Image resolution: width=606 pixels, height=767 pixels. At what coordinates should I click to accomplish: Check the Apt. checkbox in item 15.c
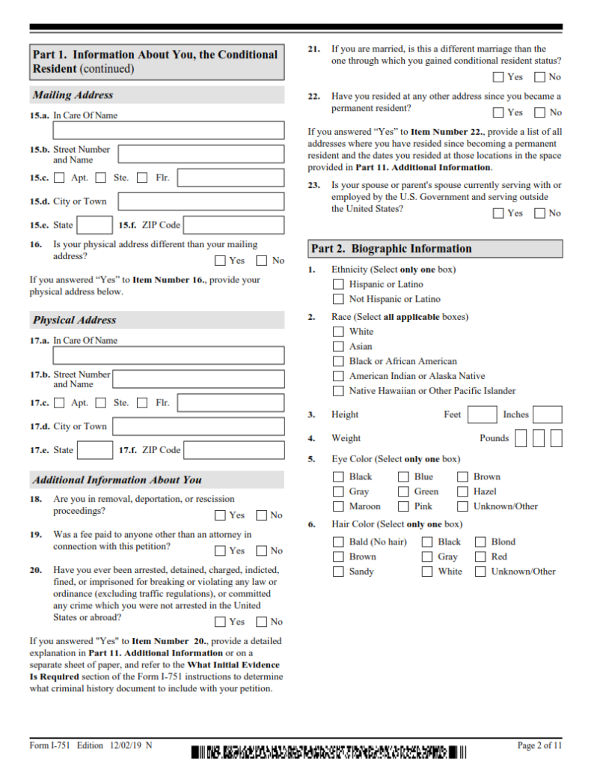point(59,178)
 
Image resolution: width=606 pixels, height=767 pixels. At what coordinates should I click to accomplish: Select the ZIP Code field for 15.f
point(233,225)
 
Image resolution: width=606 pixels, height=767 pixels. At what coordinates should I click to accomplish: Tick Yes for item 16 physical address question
point(220,261)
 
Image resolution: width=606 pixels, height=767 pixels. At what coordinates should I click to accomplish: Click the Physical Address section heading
point(75,320)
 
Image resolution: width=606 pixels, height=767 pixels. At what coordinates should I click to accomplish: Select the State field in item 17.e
point(95,450)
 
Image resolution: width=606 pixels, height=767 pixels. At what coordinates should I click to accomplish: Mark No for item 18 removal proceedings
point(261,515)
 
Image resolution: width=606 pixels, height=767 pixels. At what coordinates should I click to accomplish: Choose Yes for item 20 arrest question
point(220,622)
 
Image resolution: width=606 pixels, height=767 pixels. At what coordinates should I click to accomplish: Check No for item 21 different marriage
point(539,77)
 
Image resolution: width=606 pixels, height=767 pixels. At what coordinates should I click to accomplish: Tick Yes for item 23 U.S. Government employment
point(498,213)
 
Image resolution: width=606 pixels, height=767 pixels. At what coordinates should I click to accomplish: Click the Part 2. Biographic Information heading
point(392,249)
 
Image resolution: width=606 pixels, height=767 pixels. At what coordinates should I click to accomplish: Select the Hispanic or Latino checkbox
point(338,285)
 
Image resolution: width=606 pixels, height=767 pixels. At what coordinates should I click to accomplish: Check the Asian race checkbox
point(338,347)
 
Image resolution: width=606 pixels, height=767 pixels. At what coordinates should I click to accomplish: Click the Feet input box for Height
point(482,415)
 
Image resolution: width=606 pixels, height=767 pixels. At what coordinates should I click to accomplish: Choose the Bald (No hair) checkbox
point(338,542)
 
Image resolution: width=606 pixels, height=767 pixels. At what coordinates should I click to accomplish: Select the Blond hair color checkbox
point(480,542)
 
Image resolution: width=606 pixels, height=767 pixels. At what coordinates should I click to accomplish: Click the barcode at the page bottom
point(329,751)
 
